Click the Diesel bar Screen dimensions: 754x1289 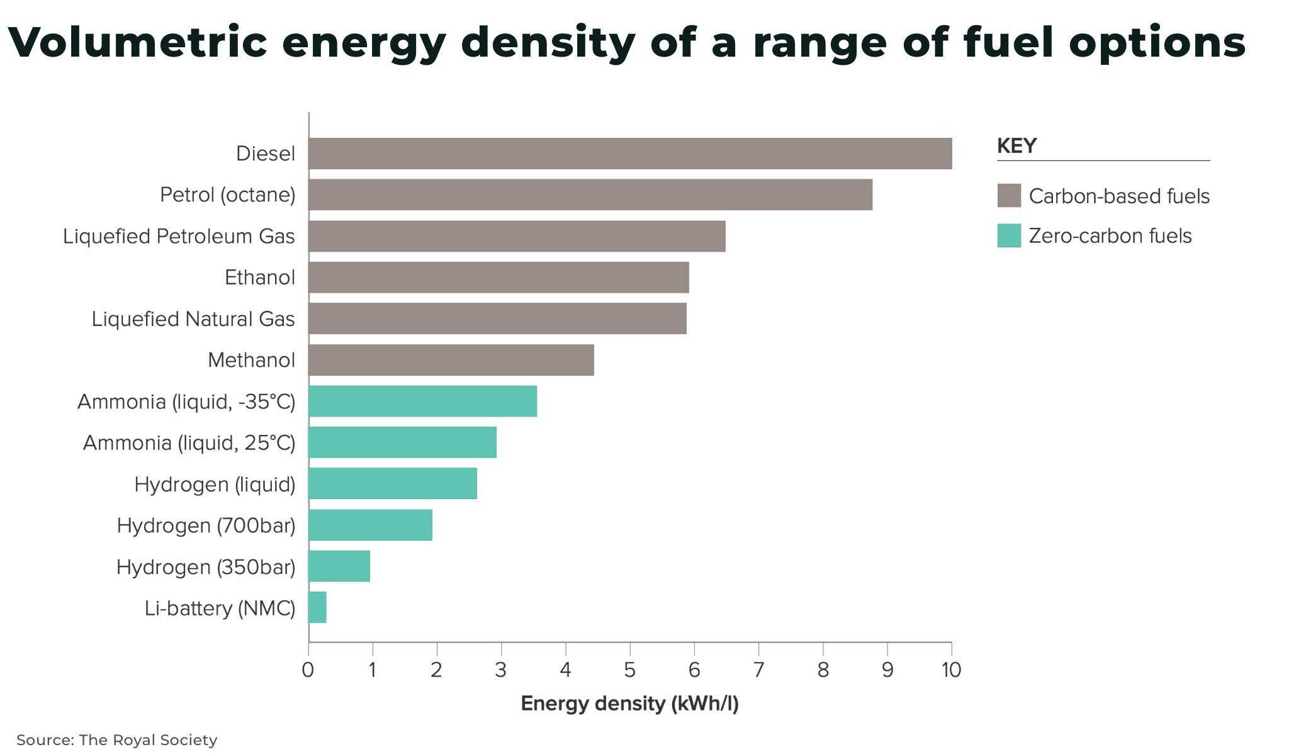[629, 154]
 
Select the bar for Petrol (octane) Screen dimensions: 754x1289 [590, 194]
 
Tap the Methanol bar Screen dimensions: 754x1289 [451, 360]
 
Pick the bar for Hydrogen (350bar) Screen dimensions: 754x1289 [339, 566]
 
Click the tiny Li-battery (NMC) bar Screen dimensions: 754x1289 [317, 608]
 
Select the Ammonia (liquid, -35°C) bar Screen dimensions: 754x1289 [422, 402]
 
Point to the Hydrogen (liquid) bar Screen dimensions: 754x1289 [392, 484]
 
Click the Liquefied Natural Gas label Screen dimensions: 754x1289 [193, 319]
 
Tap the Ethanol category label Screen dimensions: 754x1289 [259, 278]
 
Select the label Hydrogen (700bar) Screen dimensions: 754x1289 [206, 526]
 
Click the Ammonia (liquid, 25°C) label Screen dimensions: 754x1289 [189, 443]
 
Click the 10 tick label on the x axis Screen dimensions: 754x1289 [951, 670]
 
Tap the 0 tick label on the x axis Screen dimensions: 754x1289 [308, 670]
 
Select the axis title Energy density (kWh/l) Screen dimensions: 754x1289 [629, 704]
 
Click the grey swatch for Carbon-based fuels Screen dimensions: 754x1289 [1009, 196]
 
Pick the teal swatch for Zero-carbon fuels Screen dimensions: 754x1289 [1009, 236]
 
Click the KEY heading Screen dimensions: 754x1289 [1016, 146]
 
